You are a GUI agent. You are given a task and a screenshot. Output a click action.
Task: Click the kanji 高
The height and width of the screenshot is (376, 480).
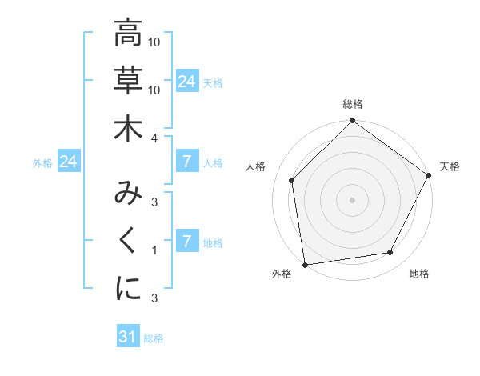tap(128, 34)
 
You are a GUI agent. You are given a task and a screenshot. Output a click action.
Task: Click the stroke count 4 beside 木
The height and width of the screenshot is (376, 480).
tap(154, 138)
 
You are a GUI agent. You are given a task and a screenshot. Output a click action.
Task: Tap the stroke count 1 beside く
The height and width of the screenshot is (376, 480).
tap(154, 251)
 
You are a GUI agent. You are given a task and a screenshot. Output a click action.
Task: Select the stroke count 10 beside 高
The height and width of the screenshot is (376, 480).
tap(154, 42)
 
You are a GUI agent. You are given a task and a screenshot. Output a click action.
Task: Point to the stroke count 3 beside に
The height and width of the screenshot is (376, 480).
tap(154, 299)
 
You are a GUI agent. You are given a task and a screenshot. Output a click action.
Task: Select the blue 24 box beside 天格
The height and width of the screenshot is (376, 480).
tap(186, 82)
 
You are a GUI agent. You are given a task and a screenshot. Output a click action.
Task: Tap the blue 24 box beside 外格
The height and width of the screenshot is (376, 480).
tap(68, 162)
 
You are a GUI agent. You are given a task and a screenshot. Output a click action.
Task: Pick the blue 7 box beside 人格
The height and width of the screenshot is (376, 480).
tap(186, 162)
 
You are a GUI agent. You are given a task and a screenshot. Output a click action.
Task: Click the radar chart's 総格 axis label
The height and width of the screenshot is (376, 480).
tap(353, 104)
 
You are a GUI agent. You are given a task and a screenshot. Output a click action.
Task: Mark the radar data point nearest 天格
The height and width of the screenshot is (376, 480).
tap(430, 176)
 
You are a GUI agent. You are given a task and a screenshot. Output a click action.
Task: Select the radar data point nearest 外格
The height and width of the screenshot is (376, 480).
tap(305, 264)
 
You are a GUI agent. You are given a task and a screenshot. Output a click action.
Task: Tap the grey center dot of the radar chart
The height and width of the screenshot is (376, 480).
tap(353, 199)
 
